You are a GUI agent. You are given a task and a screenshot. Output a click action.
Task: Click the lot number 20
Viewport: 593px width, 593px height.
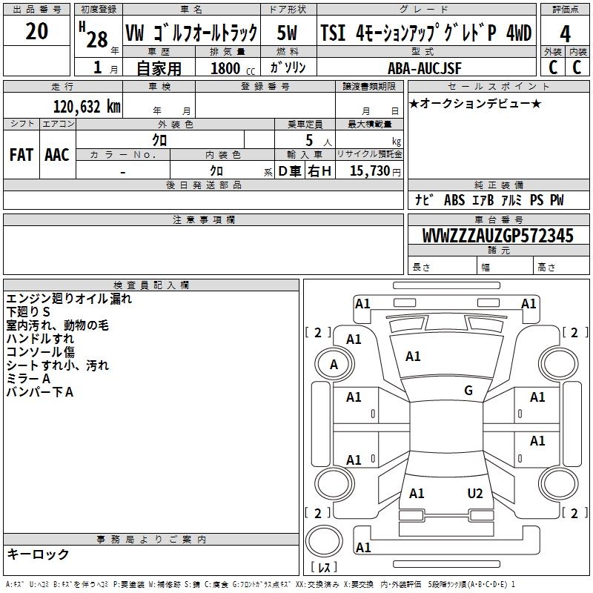click(x=36, y=32)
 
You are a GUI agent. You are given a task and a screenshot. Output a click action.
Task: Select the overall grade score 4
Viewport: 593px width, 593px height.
click(x=565, y=33)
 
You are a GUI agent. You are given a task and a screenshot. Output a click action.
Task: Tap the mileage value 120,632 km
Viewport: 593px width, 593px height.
click(x=87, y=107)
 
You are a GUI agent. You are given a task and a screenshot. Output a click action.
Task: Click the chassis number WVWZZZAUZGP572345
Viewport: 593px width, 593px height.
click(x=497, y=236)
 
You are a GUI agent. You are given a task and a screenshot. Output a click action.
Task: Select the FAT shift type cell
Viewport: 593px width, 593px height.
click(x=21, y=154)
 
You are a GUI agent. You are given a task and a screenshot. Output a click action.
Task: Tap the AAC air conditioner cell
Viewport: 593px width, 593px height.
click(x=56, y=154)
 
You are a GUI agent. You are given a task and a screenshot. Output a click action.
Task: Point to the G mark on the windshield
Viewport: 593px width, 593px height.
click(x=468, y=391)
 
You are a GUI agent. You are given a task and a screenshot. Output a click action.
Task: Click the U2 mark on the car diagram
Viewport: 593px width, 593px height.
click(x=475, y=494)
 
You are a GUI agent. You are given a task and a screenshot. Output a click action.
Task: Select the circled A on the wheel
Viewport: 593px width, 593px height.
click(x=334, y=364)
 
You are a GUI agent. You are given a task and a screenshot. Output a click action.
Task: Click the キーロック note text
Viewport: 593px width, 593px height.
click(x=38, y=554)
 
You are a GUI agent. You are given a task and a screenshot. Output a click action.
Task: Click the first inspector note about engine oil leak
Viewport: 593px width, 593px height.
click(x=69, y=299)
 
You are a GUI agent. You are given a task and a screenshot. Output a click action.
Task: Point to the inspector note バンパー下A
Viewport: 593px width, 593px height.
click(x=40, y=392)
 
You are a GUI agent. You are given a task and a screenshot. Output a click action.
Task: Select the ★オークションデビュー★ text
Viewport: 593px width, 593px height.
click(x=474, y=103)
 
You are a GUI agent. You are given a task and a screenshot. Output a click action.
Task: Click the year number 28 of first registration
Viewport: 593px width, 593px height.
click(x=96, y=39)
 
